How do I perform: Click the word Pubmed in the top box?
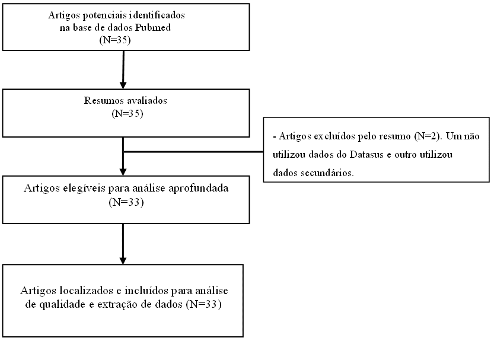(153, 27)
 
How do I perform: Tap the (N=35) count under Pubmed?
(115, 40)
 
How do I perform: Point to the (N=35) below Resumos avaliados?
(127, 113)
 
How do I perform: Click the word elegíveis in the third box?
(84, 188)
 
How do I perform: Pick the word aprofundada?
(199, 188)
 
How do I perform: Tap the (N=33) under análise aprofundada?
(126, 202)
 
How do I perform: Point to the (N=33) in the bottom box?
(203, 304)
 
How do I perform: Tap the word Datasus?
(366, 154)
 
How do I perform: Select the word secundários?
(327, 173)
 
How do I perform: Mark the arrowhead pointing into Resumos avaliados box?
(123, 85)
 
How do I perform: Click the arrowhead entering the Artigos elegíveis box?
(123, 172)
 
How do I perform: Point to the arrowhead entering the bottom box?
(123, 261)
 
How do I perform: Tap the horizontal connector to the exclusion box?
(193, 152)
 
